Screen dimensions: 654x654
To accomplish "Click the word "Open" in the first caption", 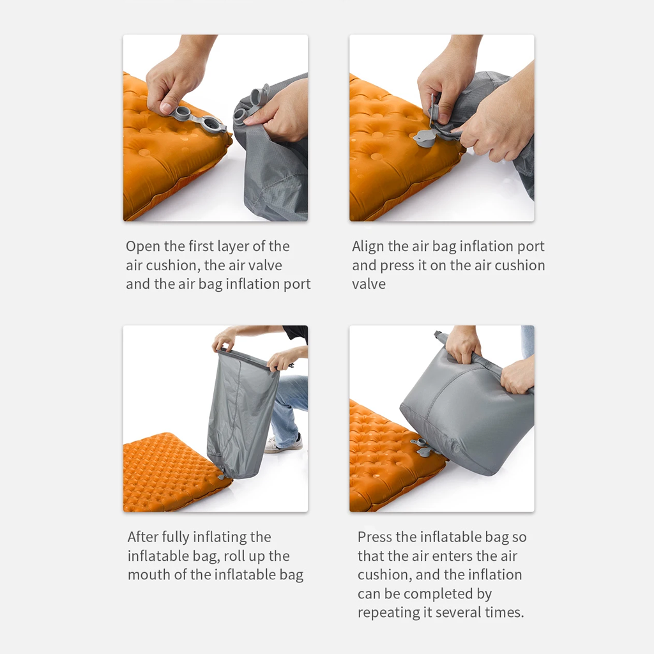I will (142, 247).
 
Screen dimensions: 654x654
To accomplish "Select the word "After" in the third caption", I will (142, 537).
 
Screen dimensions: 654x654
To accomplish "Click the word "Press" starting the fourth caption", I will (374, 537).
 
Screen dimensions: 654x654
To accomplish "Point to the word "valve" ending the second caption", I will (369, 284).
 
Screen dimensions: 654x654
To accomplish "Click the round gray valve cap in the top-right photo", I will (425, 139).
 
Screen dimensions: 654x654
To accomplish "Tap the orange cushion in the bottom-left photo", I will (166, 473).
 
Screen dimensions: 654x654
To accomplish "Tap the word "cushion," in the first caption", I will (172, 266).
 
